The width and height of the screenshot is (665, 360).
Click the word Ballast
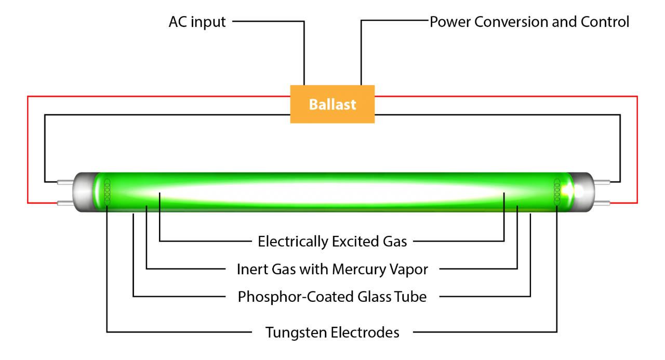pos(332,104)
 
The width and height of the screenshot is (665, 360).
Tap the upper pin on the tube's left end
pos(64,182)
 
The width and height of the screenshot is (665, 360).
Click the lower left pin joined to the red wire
pos(64,203)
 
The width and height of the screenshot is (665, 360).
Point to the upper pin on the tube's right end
pos(602,182)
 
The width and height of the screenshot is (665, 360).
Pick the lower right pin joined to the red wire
pos(602,204)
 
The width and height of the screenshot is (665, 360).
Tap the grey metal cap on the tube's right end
pos(585,192)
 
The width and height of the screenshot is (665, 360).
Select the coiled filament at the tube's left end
pos(107,191)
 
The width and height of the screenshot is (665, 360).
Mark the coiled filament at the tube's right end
pos(557,191)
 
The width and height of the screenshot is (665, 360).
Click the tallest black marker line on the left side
pos(159,202)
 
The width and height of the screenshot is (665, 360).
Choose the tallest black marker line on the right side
pos(504,202)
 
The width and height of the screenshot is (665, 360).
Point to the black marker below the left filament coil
pos(107,209)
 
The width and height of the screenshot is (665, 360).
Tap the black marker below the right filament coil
pos(556,209)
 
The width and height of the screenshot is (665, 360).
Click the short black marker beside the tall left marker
pos(147,209)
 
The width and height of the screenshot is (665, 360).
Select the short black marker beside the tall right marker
pos(517,209)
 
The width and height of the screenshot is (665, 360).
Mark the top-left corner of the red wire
pos(28,96)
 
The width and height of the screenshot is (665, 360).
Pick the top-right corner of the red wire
pos(637,96)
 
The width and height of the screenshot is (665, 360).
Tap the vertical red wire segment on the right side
pos(637,151)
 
